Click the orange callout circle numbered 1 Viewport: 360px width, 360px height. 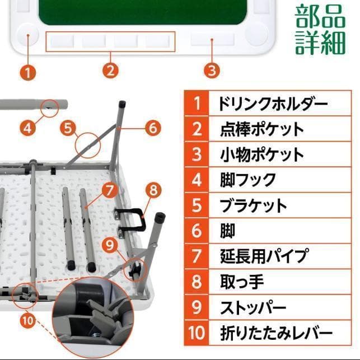(x=28, y=72)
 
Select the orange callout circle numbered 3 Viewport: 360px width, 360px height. (x=211, y=71)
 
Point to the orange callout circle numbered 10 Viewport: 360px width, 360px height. (x=29, y=321)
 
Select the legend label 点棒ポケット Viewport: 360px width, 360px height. (x=262, y=129)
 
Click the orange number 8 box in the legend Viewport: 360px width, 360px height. (x=197, y=282)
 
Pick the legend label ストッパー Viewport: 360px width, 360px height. (x=253, y=307)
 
